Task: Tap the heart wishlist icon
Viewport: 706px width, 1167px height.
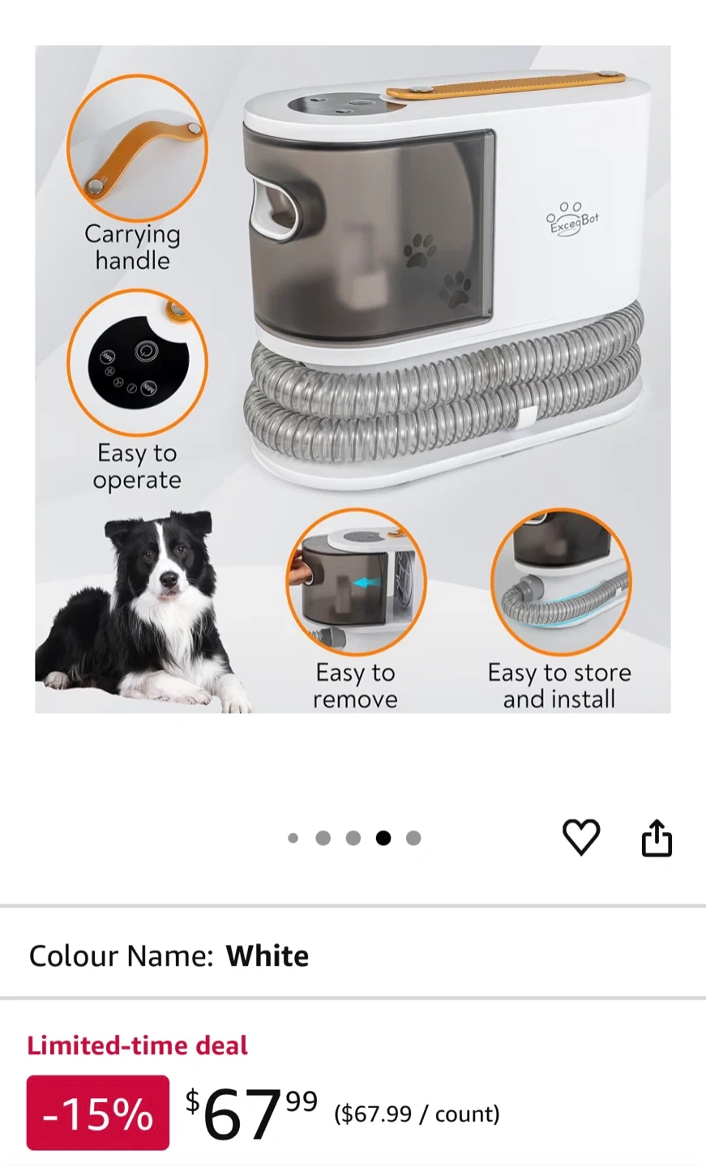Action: coord(581,837)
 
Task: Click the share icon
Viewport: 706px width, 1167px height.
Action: coord(657,838)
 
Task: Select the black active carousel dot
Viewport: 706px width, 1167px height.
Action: coord(383,838)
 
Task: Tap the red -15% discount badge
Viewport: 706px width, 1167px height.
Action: coord(98,1112)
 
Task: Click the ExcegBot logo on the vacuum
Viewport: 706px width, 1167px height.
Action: coord(572,220)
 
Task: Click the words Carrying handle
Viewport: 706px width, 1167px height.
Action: coord(132,247)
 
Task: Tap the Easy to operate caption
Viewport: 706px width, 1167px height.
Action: coord(137,466)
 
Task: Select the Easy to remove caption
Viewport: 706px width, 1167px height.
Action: coord(355,686)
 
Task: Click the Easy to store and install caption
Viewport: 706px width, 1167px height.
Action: coord(559,686)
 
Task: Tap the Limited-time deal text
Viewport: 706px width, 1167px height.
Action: coord(138,1045)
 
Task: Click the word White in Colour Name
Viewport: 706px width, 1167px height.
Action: coord(267,956)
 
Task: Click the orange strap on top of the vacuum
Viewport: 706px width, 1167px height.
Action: coord(506,85)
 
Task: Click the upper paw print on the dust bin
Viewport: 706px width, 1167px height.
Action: coord(419,250)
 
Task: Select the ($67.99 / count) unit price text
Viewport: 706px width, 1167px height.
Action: coord(417,1114)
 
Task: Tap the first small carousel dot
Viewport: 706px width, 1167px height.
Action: coord(293,838)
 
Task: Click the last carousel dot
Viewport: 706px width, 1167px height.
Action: coord(413,838)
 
